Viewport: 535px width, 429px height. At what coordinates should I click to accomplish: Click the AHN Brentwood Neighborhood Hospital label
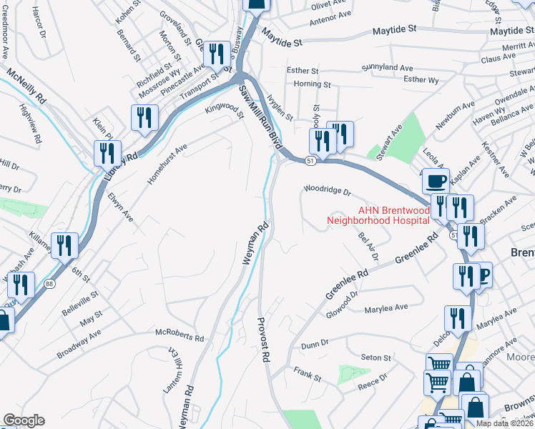pos(378,216)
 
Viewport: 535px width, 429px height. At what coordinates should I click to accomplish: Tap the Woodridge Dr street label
pos(328,192)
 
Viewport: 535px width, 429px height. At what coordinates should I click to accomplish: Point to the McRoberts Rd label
pos(180,333)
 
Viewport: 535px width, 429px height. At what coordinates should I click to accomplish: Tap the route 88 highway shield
pos(49,285)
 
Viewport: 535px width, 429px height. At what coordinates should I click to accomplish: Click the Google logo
pos(24,420)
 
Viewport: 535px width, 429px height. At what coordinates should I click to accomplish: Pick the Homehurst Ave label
pos(167,164)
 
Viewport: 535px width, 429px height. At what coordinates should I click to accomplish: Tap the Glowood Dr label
pos(341,301)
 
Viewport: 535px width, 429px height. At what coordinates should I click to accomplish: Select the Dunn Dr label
pos(314,345)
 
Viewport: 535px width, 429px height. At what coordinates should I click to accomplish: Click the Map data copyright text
pos(505,423)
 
